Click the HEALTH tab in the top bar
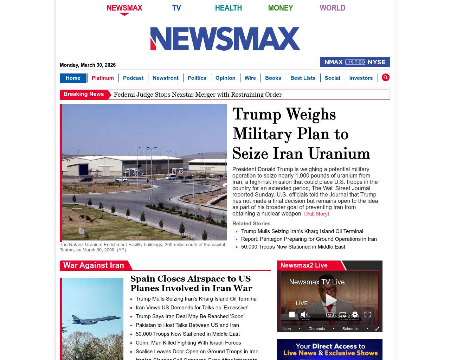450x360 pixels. (228, 8)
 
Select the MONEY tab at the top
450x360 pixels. (280, 8)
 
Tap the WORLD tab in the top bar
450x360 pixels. (332, 8)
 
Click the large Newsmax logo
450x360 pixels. (225, 39)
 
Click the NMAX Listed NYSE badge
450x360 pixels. (355, 62)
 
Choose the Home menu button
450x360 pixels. (73, 78)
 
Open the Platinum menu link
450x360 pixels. (103, 78)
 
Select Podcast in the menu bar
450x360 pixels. (133, 78)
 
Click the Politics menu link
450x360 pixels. (197, 78)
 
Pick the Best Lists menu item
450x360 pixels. (303, 78)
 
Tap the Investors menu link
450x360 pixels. (361, 78)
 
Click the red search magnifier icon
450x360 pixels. (386, 77)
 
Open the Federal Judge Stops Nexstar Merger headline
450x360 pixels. (198, 95)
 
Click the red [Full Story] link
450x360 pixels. (316, 214)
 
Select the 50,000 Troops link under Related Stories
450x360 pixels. (293, 247)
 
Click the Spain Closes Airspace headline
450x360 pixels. (191, 283)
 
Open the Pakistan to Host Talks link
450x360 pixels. (187, 325)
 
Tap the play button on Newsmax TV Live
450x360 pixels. (331, 300)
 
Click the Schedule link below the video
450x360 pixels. (350, 329)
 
